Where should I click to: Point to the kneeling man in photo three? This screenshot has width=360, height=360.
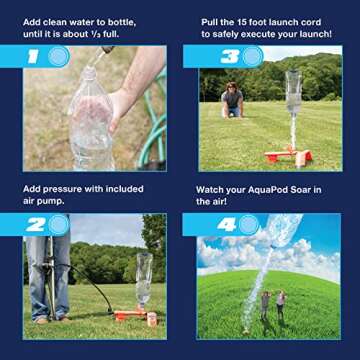click(232, 100)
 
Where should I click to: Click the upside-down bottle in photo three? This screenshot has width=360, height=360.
click(293, 95)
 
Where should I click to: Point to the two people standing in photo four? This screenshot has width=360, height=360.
click(272, 304)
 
